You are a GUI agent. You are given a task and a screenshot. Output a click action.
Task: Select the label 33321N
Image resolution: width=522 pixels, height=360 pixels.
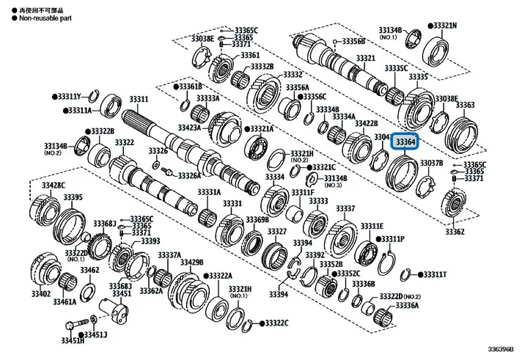point(444,25)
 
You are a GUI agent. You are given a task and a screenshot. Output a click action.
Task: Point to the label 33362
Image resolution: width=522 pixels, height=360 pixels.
point(455,232)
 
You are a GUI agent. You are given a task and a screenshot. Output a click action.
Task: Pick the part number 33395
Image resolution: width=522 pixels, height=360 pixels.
point(72,196)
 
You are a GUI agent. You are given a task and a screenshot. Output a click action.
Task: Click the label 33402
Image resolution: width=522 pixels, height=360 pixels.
point(40,293)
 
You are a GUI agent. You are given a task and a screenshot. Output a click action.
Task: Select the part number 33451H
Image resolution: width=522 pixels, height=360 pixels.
point(72,340)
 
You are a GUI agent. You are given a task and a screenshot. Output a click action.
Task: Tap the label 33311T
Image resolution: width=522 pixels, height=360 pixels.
point(434,274)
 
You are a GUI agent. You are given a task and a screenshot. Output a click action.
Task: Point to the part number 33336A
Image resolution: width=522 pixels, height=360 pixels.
point(406,304)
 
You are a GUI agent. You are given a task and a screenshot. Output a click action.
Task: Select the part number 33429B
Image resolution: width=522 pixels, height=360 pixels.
point(192,262)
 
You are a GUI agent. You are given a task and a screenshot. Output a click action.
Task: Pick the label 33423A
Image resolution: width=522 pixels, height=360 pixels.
point(189,127)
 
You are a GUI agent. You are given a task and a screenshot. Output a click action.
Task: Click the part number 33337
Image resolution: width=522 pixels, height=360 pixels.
point(345,209)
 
